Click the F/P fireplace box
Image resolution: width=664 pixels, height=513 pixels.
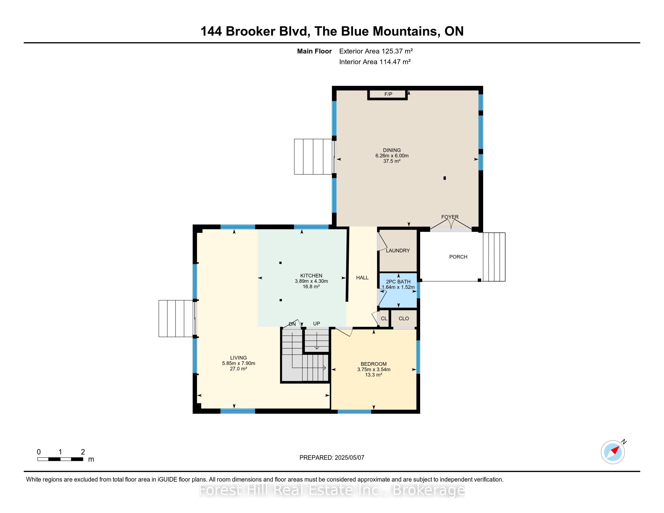387,94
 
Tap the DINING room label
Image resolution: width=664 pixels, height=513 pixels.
392,150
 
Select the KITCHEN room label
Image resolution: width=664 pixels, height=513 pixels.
311,276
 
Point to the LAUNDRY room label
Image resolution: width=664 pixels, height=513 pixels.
398,250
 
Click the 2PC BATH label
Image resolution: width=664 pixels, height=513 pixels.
398,282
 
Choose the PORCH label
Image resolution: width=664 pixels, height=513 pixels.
458,257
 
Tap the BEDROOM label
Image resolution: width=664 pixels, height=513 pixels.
374,364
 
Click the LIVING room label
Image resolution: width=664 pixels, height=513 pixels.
238,358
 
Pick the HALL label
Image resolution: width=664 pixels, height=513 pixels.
362,277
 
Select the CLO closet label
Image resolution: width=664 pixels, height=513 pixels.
404,318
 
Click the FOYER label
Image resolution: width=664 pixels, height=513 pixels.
450,217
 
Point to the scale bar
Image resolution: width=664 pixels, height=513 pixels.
60,459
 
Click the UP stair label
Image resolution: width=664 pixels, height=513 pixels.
317,324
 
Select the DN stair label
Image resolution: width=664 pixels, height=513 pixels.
292,324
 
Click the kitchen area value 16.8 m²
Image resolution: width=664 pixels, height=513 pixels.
311,287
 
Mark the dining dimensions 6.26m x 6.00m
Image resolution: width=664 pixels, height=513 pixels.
392,156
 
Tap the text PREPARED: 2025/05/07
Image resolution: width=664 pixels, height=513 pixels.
332,458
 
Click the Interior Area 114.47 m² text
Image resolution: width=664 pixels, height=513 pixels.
375,62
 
